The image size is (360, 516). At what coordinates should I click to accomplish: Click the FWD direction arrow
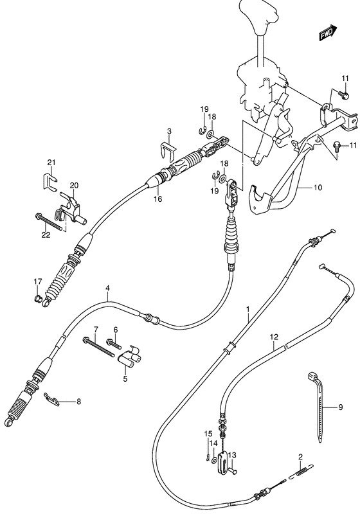327,31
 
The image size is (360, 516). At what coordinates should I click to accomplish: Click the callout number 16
157,199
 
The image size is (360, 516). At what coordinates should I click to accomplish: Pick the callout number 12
274,355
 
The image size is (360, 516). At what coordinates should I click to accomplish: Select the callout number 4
107,289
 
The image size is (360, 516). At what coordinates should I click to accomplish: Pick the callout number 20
74,186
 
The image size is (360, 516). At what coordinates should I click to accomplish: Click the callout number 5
125,378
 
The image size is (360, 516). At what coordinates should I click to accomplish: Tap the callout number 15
208,433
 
